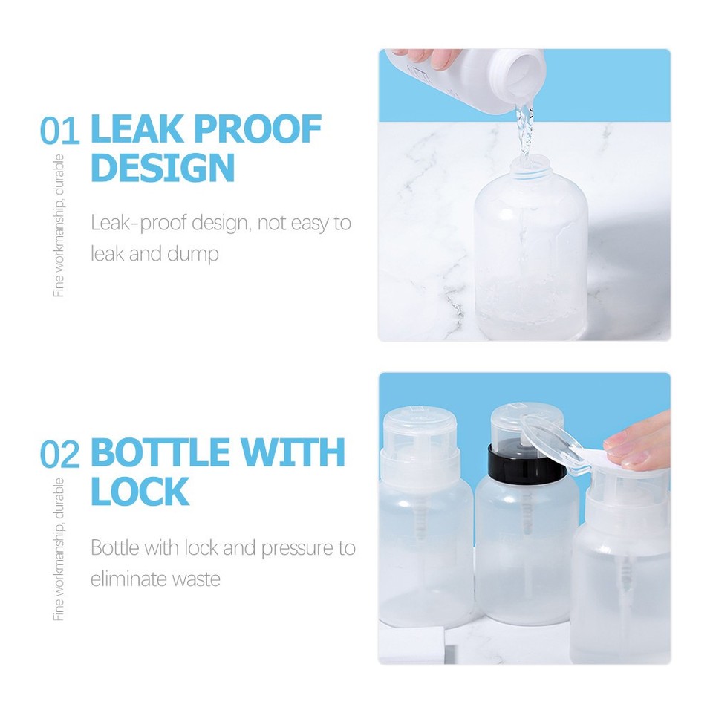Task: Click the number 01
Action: (59, 131)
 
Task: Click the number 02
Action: (59, 455)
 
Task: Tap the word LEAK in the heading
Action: (139, 131)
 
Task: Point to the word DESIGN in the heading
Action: (163, 168)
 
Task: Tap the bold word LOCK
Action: (140, 491)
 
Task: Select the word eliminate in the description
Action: (129, 579)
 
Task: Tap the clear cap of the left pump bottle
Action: (418, 431)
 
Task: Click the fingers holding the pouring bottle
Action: (426, 56)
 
